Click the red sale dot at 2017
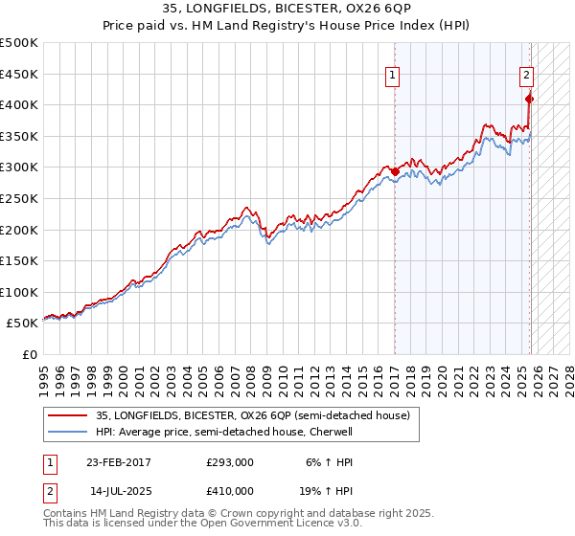pos(395,171)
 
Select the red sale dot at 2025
pos(530,99)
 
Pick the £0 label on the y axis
pos(29,354)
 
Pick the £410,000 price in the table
pos(229,490)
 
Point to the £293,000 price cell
pos(229,461)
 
